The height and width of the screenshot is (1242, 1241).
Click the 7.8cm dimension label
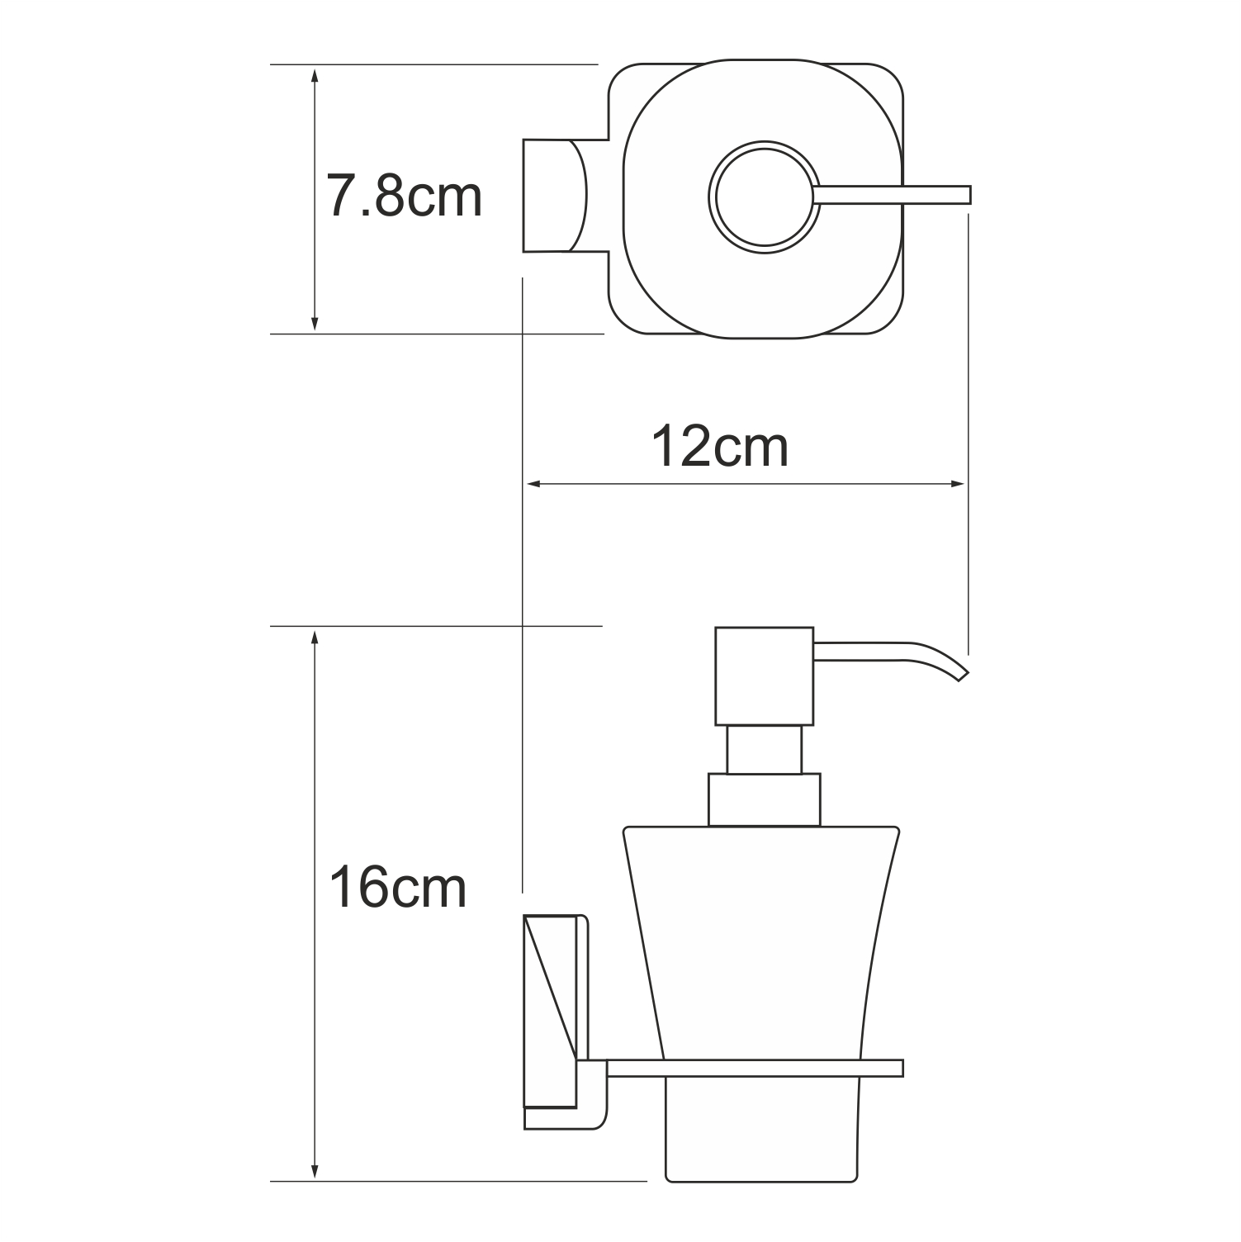coord(404,197)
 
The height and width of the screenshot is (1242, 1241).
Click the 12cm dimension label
coord(720,447)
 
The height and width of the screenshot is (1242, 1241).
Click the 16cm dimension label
coord(398,889)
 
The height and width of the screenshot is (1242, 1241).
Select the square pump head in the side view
coord(765,676)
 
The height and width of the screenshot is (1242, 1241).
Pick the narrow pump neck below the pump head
coord(765,749)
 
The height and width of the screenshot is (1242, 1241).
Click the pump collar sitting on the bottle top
coord(765,799)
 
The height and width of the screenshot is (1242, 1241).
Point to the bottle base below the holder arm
coord(765,1131)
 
